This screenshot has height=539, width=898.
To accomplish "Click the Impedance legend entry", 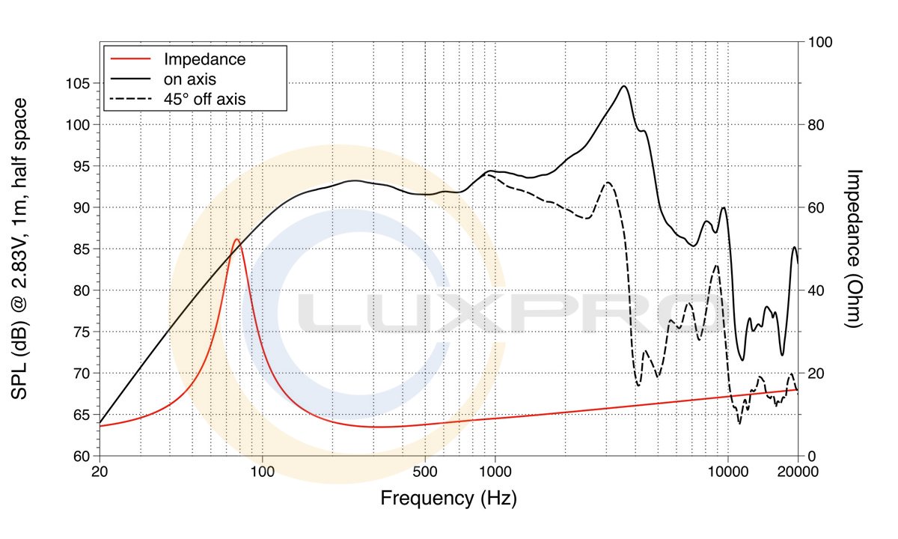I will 204,59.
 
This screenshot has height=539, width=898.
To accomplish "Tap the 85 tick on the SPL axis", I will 83,249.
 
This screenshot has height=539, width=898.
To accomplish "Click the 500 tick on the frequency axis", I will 425,472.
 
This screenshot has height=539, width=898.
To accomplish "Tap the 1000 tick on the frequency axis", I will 495,472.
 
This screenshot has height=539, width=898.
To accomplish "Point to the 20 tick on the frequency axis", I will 100,472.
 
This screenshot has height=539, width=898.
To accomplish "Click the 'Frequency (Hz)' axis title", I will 448,497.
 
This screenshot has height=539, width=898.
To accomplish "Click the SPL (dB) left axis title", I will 20,248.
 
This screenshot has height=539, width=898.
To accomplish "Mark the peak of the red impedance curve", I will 236,240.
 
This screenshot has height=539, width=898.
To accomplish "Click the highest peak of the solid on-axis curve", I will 623,86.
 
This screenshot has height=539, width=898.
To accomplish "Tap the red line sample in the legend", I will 132,59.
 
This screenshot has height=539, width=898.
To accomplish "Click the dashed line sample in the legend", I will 132,97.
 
